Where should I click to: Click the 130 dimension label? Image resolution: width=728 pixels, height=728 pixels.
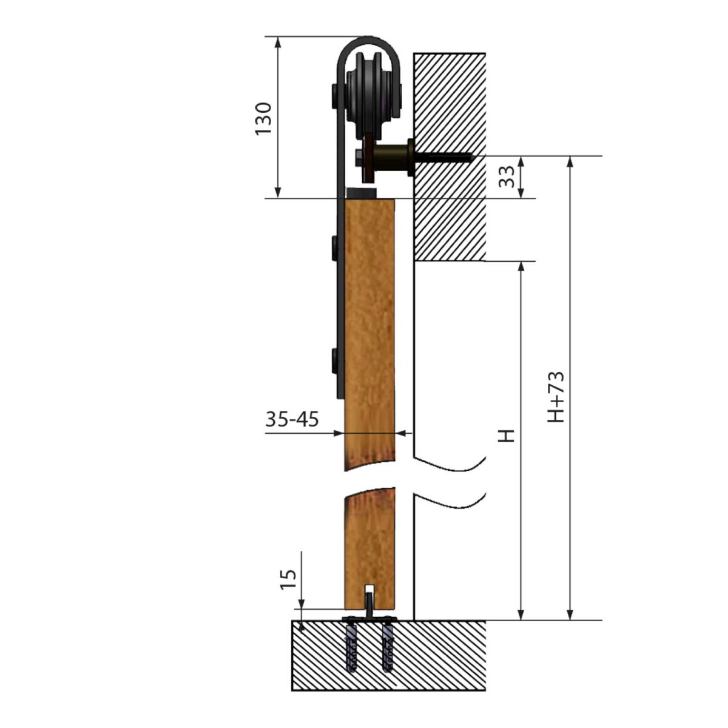click(263, 118)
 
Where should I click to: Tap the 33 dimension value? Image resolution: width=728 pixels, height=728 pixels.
click(507, 177)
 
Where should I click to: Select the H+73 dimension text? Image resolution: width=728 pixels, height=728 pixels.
click(556, 397)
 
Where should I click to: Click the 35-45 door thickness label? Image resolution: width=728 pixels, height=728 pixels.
click(292, 419)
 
